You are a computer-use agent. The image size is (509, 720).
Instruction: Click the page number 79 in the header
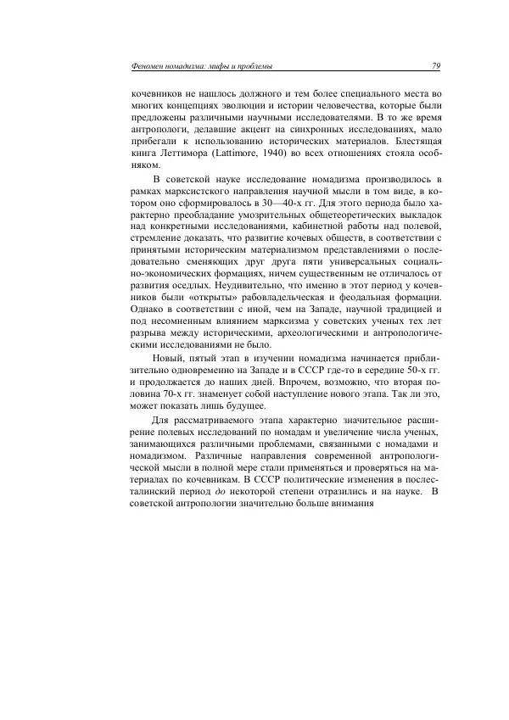(x=434, y=66)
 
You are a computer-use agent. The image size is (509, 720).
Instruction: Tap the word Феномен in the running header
(x=142, y=66)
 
